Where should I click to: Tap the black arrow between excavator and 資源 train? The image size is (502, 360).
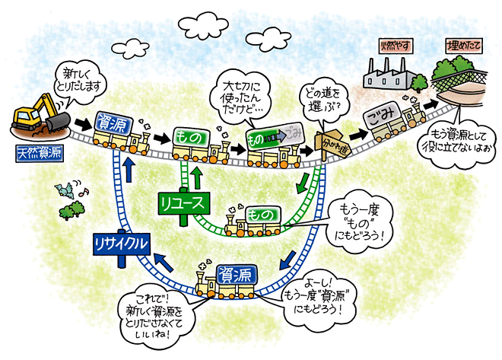(81, 121)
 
